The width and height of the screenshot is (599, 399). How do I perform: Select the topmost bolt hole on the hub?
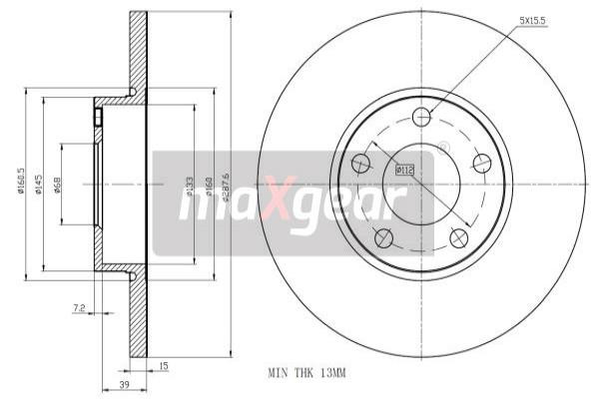[x=421, y=117]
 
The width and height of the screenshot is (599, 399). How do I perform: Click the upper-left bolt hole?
[x=361, y=163]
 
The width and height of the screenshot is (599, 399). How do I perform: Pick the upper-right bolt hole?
[x=482, y=164]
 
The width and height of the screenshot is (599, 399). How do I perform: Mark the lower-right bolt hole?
[x=458, y=237]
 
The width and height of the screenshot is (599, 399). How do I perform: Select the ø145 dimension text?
[x=51, y=186]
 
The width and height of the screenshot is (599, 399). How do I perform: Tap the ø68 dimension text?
[x=70, y=186]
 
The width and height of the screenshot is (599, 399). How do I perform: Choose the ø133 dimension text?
[x=190, y=186]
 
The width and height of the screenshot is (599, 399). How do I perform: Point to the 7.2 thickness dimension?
[x=78, y=310]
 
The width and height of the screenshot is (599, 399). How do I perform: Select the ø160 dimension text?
[x=208, y=186]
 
